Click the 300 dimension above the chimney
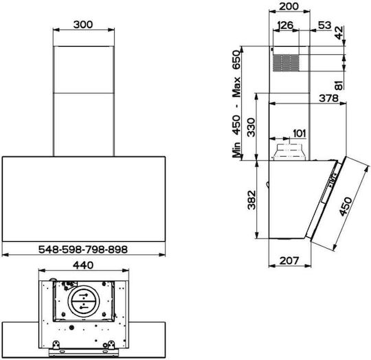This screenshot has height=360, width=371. coord(83,24)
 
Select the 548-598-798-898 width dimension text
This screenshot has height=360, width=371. coord(83,249)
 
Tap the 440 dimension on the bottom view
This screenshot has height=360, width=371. coord(83,265)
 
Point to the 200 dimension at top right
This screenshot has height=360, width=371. coord(289,6)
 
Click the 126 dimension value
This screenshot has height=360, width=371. coord(285,25)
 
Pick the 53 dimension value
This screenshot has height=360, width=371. coord(324,25)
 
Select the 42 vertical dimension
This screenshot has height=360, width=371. coord(339,33)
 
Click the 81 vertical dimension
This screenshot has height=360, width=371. coord(339,85)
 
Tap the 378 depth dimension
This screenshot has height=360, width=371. coord(329,98)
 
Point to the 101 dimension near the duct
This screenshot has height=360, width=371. coord(300,133)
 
